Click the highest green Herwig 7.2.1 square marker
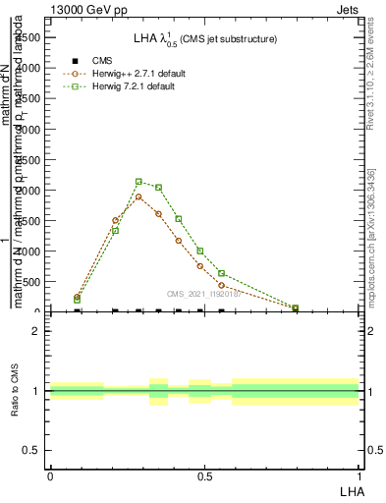(x=138, y=182)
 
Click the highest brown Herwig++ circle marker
(x=138, y=196)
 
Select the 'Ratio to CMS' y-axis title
(x=15, y=391)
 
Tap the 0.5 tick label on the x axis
(x=204, y=475)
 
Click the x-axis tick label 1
(x=359, y=475)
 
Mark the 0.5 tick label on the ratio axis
(x=32, y=450)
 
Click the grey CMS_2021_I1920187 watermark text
(x=203, y=294)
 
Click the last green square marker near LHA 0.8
(x=295, y=307)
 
